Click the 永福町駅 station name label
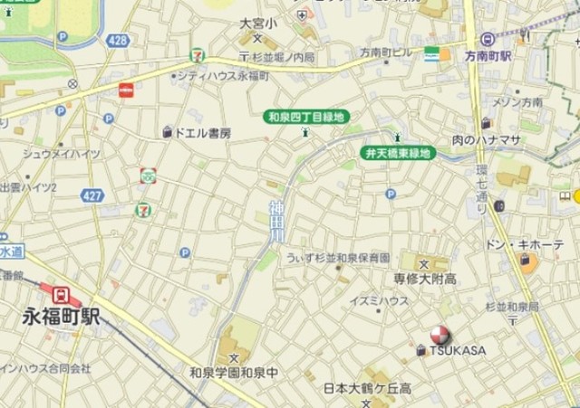click(x=62, y=318)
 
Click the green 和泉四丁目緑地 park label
click(x=305, y=117)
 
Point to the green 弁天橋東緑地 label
click(x=399, y=153)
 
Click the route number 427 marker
click(x=92, y=195)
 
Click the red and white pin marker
click(x=440, y=334)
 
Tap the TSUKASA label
click(x=458, y=351)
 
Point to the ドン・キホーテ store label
click(x=525, y=245)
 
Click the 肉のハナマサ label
click(x=487, y=139)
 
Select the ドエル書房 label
click(x=202, y=133)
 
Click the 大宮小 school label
click(x=257, y=24)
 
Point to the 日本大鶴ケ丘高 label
click(x=368, y=389)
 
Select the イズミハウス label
click(x=379, y=301)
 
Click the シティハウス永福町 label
click(x=223, y=77)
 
